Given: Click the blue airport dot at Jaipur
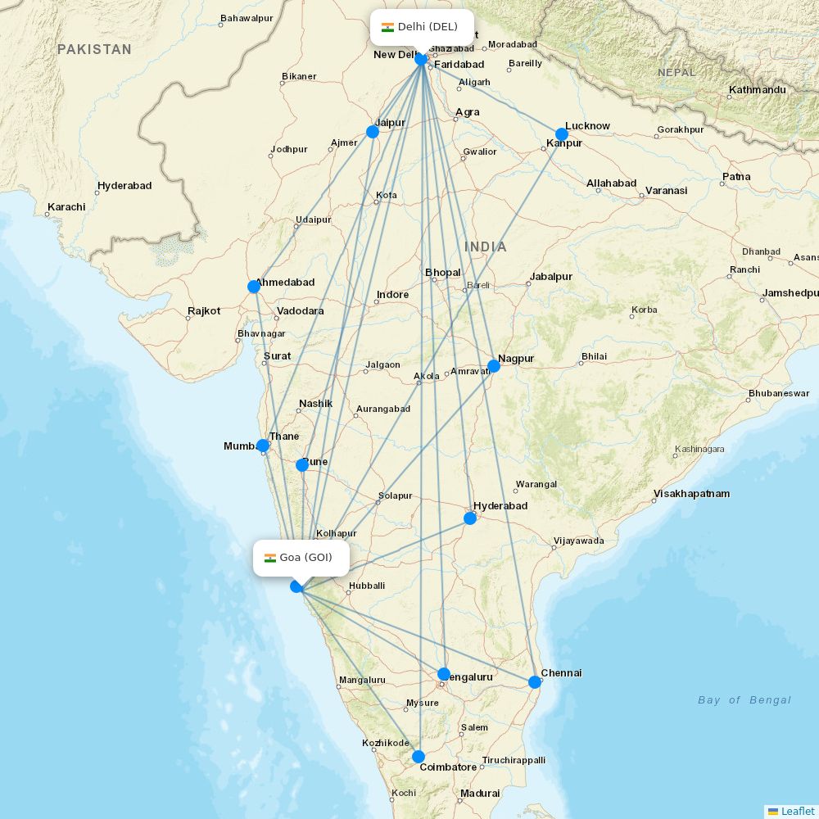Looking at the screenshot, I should pos(373,131).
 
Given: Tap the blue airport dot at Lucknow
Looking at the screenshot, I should pos(562,134).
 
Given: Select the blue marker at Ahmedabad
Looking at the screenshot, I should pos(254,287).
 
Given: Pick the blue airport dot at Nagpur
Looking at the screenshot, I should pos(494,366).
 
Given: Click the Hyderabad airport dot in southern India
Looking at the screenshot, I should pos(470,518).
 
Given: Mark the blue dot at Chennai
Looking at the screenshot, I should pos(535,681).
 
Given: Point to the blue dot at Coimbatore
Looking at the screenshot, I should pos(419,757).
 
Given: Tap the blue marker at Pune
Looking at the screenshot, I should pos(302,464).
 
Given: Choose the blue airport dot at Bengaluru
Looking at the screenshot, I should pos(444,674).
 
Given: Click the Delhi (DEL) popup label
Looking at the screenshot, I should pos(422,27).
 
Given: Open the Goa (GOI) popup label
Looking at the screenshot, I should pos(301,558).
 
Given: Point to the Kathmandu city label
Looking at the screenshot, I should pos(758,90).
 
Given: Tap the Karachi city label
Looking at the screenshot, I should pos(66,207).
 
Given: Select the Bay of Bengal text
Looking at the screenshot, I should pos(744,700).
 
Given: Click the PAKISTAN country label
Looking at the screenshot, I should pos(94,50).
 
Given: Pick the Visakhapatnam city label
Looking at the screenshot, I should pos(691,494).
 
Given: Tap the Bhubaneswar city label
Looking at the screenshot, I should pos(778,394).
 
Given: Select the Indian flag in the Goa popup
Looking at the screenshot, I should pos(269,559).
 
